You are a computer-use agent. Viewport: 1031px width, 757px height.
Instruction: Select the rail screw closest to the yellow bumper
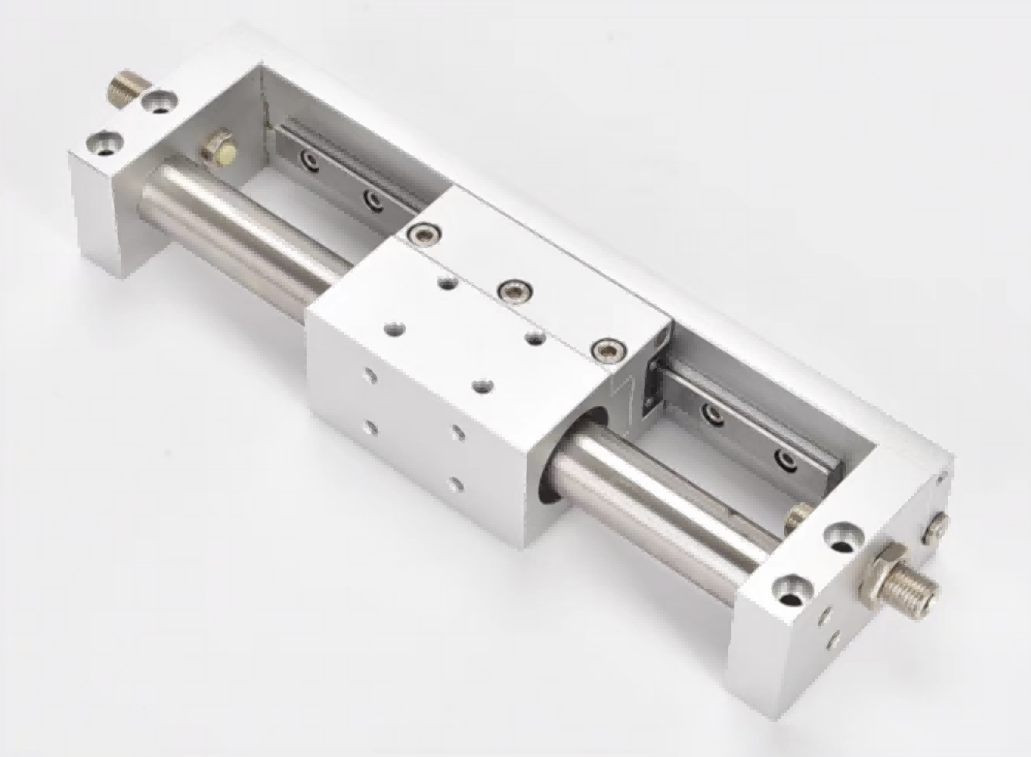(311, 160)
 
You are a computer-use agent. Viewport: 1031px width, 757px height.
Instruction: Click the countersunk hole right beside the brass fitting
(160, 100)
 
